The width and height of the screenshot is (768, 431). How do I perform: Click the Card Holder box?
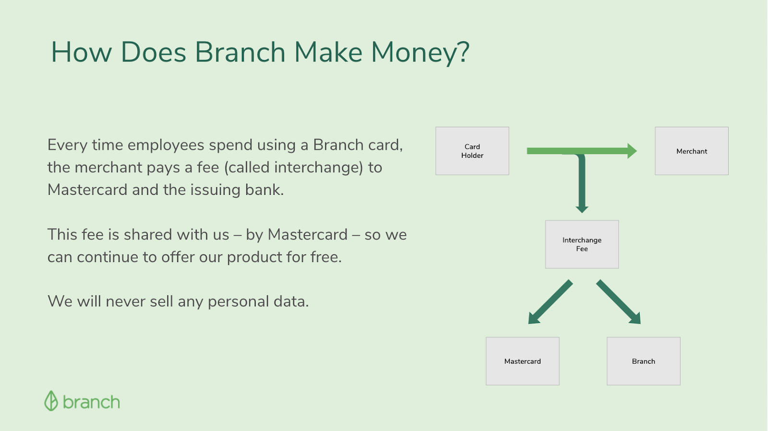(x=472, y=151)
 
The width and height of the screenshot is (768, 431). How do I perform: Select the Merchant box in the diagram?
(x=692, y=151)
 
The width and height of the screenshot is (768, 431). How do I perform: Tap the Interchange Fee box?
(x=582, y=244)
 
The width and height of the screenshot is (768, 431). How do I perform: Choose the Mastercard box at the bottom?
(x=523, y=361)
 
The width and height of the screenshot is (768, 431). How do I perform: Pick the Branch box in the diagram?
(x=644, y=361)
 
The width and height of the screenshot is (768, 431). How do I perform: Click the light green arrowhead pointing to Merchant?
(x=632, y=151)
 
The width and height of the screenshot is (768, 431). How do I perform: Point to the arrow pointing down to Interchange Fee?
(x=582, y=183)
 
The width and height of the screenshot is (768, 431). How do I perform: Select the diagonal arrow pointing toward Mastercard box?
(x=550, y=302)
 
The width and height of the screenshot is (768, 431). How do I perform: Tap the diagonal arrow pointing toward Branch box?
(x=619, y=302)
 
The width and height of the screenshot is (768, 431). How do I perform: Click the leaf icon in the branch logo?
(x=51, y=401)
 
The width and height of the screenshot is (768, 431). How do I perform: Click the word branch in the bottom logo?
(x=92, y=402)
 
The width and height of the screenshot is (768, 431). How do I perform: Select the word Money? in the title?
(x=420, y=52)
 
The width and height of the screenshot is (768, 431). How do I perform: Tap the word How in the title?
(x=81, y=52)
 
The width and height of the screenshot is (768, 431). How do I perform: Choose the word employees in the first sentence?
(x=166, y=145)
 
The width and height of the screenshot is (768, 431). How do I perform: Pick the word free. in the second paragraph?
(x=326, y=257)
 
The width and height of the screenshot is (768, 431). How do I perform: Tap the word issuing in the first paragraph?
(x=216, y=190)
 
